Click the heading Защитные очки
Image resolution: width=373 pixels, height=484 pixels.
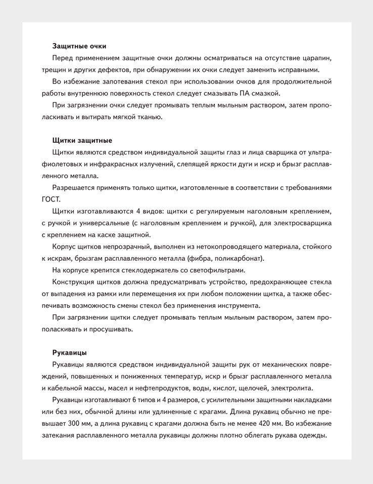pos(79,46)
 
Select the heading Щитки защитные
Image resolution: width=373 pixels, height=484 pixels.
pos(82,140)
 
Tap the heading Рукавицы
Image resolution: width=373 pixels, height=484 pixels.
pos(69,352)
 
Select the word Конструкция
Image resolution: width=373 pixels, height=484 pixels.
pos(75,282)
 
